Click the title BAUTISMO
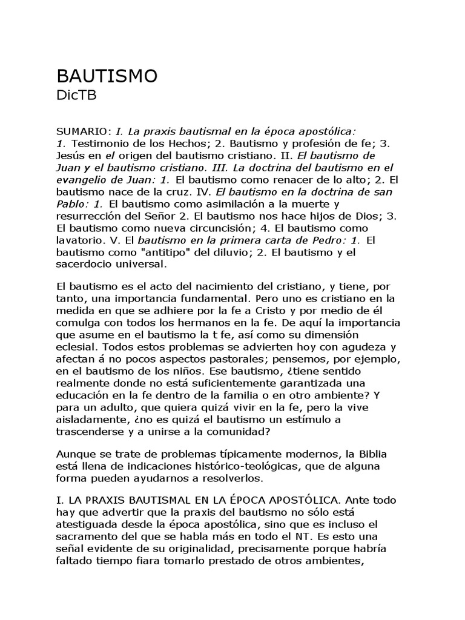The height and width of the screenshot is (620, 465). coord(107,76)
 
